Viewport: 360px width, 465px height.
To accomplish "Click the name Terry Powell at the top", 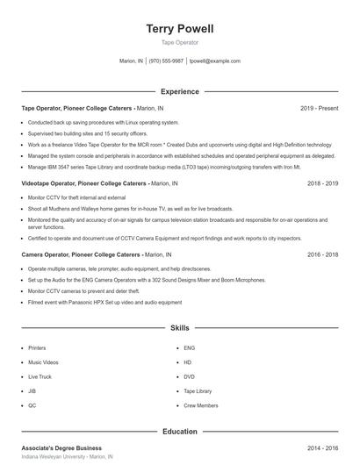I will click(x=179, y=29).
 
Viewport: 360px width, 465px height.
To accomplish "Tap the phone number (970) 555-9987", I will click(x=166, y=61).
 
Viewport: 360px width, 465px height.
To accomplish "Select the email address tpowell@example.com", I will click(x=215, y=61).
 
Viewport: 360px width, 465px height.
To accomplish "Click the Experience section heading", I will click(x=179, y=91).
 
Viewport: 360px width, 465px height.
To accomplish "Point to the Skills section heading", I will click(x=179, y=328).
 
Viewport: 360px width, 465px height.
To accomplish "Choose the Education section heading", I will click(x=179, y=432).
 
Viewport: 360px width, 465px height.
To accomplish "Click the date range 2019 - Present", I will click(x=319, y=108).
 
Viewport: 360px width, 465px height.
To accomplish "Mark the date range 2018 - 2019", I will click(x=322, y=184).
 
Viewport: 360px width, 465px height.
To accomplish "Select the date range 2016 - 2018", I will click(x=322, y=254).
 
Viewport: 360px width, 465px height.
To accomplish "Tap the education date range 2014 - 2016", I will click(x=322, y=447).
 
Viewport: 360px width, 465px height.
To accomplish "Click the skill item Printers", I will click(x=37, y=348).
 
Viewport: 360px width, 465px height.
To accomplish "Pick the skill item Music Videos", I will click(x=43, y=362).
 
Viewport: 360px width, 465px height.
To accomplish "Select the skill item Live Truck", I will click(x=40, y=377).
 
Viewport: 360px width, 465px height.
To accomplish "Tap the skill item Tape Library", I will click(x=198, y=391).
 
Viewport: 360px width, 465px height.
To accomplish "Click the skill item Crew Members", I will click(x=201, y=406).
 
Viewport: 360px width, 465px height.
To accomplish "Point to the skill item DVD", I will click(x=189, y=377).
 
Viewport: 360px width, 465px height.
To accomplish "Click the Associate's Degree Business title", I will click(x=61, y=447).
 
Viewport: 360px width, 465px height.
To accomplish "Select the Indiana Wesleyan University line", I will click(x=67, y=457).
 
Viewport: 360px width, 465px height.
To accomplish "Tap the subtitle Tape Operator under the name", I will click(x=179, y=42).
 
